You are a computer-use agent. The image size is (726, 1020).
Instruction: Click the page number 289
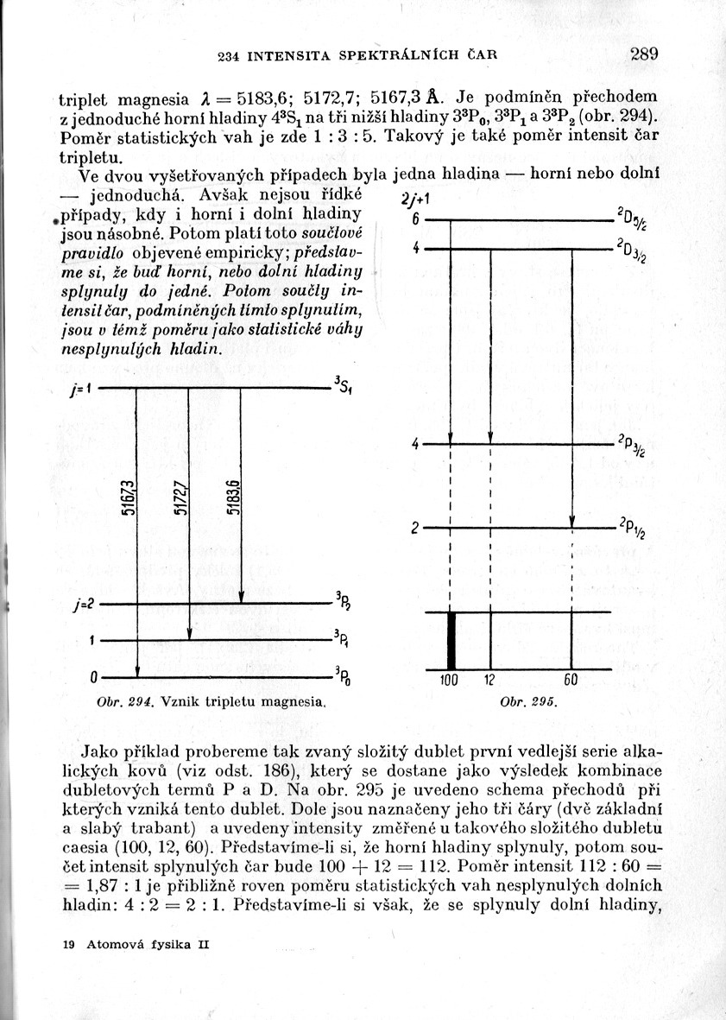click(644, 54)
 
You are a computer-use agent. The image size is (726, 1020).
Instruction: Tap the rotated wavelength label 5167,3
click(128, 498)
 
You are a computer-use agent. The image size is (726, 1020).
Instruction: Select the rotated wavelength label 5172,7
click(180, 498)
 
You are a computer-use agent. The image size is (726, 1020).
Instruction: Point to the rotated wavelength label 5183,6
click(233, 498)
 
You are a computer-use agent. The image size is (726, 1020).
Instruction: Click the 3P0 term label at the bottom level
click(342, 676)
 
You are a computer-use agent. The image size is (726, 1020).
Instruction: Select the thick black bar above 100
click(451, 640)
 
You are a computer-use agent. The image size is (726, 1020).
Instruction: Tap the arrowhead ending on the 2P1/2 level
click(572, 521)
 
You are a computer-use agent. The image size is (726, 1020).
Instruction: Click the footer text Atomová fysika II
click(148, 945)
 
